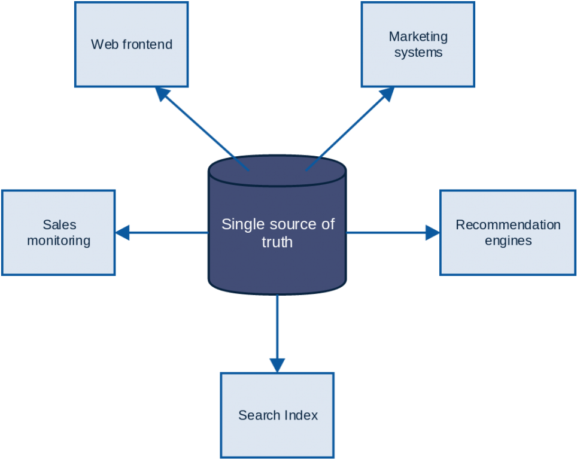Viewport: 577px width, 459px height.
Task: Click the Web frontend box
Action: coord(131,44)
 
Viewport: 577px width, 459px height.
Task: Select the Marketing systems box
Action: coord(418,44)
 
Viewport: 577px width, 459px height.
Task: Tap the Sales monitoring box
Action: coord(58,233)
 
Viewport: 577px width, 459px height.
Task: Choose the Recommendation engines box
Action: coord(508,233)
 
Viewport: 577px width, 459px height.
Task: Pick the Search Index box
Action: coord(277,415)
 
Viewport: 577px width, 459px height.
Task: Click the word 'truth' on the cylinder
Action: coord(277,242)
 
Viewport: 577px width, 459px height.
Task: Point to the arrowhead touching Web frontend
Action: coord(162,94)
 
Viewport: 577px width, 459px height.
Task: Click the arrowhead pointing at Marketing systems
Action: coord(387,94)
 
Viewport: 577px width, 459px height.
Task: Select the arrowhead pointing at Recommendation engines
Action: coord(432,232)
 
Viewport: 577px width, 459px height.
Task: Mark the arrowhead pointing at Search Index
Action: coord(277,364)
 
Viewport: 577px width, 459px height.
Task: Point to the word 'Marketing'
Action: coord(418,37)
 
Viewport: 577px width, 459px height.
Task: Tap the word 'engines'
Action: coord(508,241)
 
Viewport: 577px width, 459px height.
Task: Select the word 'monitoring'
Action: coord(59,241)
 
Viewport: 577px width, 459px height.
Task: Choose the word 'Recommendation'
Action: coord(508,225)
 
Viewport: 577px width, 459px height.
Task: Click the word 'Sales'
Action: coord(59,225)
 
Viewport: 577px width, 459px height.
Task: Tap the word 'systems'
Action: coord(418,53)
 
